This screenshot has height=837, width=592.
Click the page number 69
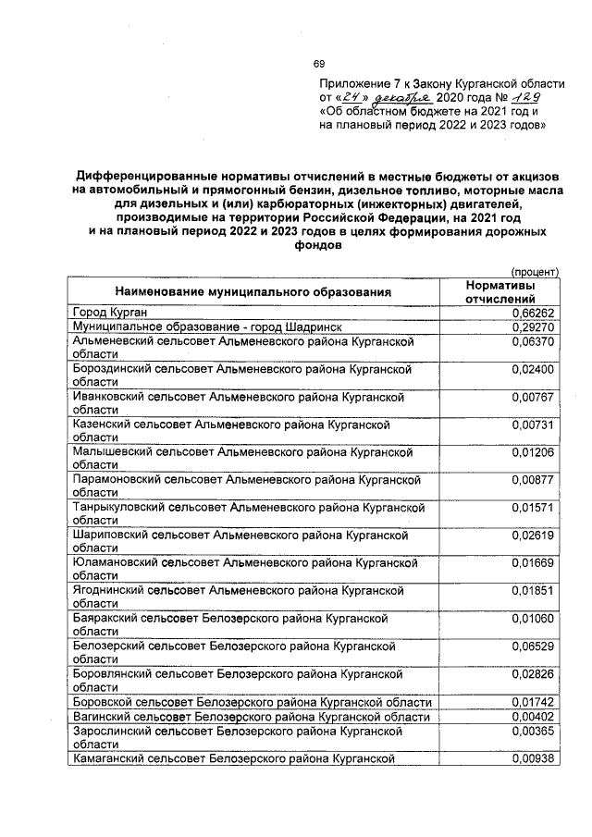coord(318,64)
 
